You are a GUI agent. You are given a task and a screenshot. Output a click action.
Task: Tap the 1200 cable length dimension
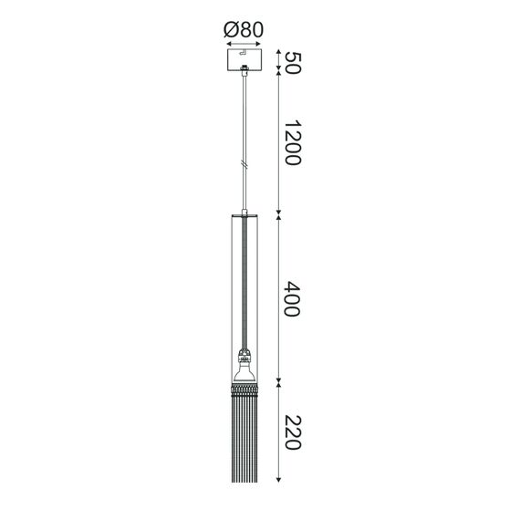point(293,143)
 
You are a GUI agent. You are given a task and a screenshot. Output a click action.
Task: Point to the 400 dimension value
point(293,298)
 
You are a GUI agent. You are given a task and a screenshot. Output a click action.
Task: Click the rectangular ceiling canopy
point(244,62)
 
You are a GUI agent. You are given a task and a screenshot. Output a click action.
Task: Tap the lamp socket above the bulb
point(244,355)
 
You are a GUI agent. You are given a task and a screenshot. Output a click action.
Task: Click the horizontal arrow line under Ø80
point(244,43)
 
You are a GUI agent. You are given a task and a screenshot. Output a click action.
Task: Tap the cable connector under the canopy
point(244,79)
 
